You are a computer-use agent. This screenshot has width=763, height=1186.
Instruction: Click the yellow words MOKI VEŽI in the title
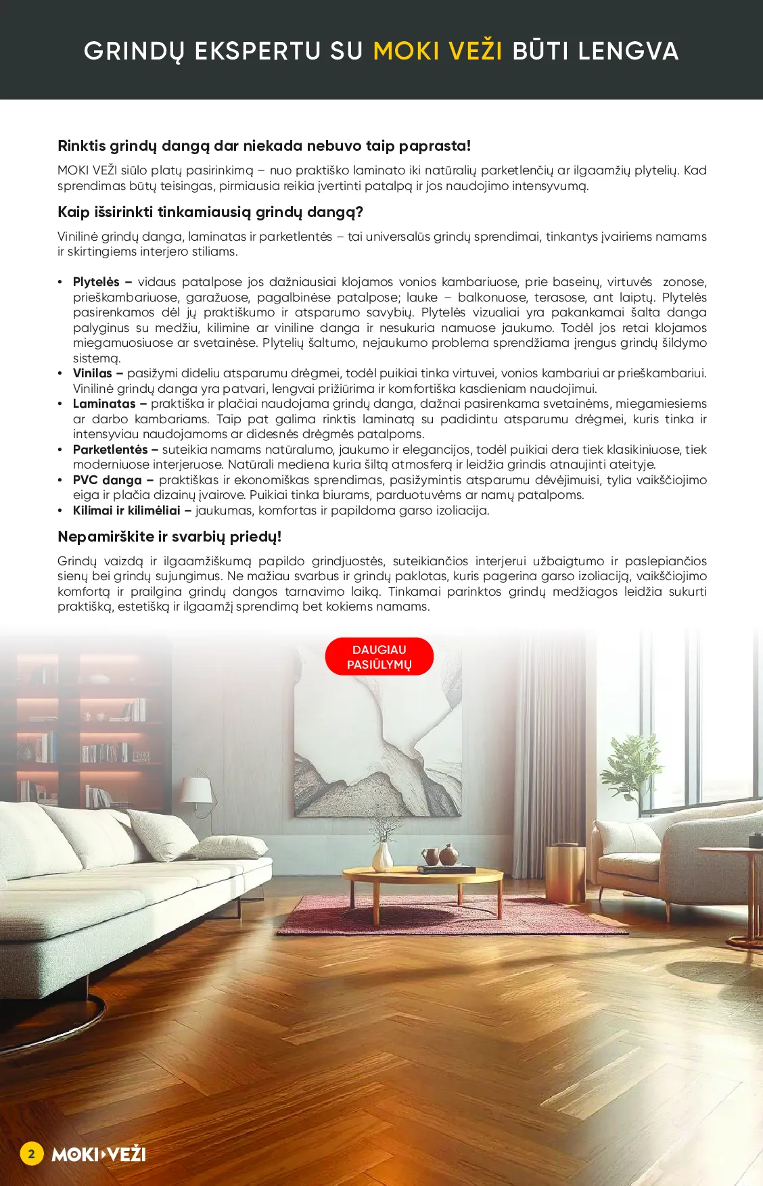[437, 51]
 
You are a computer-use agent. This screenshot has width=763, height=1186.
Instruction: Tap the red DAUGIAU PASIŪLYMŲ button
[379, 657]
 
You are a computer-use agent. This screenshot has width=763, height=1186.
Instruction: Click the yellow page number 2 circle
[31, 1154]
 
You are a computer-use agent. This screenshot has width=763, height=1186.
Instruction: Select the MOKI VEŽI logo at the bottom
[99, 1154]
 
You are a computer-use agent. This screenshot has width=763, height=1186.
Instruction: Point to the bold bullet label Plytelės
[96, 282]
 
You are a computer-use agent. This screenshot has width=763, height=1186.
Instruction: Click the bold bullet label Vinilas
[93, 373]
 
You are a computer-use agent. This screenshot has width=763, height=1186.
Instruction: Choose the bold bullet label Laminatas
[104, 404]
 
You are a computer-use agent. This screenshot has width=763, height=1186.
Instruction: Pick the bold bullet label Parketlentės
[110, 450]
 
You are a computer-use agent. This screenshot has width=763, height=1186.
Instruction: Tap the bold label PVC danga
[107, 480]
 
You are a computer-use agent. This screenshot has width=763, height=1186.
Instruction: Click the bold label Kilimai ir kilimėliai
[126, 511]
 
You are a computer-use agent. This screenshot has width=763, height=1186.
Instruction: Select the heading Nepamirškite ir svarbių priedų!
[169, 537]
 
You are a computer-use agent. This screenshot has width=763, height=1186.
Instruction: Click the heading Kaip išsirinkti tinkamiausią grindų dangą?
[210, 212]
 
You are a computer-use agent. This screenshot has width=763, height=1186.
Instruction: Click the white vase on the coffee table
[383, 857]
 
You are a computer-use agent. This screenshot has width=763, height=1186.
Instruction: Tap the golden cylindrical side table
[565, 873]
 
